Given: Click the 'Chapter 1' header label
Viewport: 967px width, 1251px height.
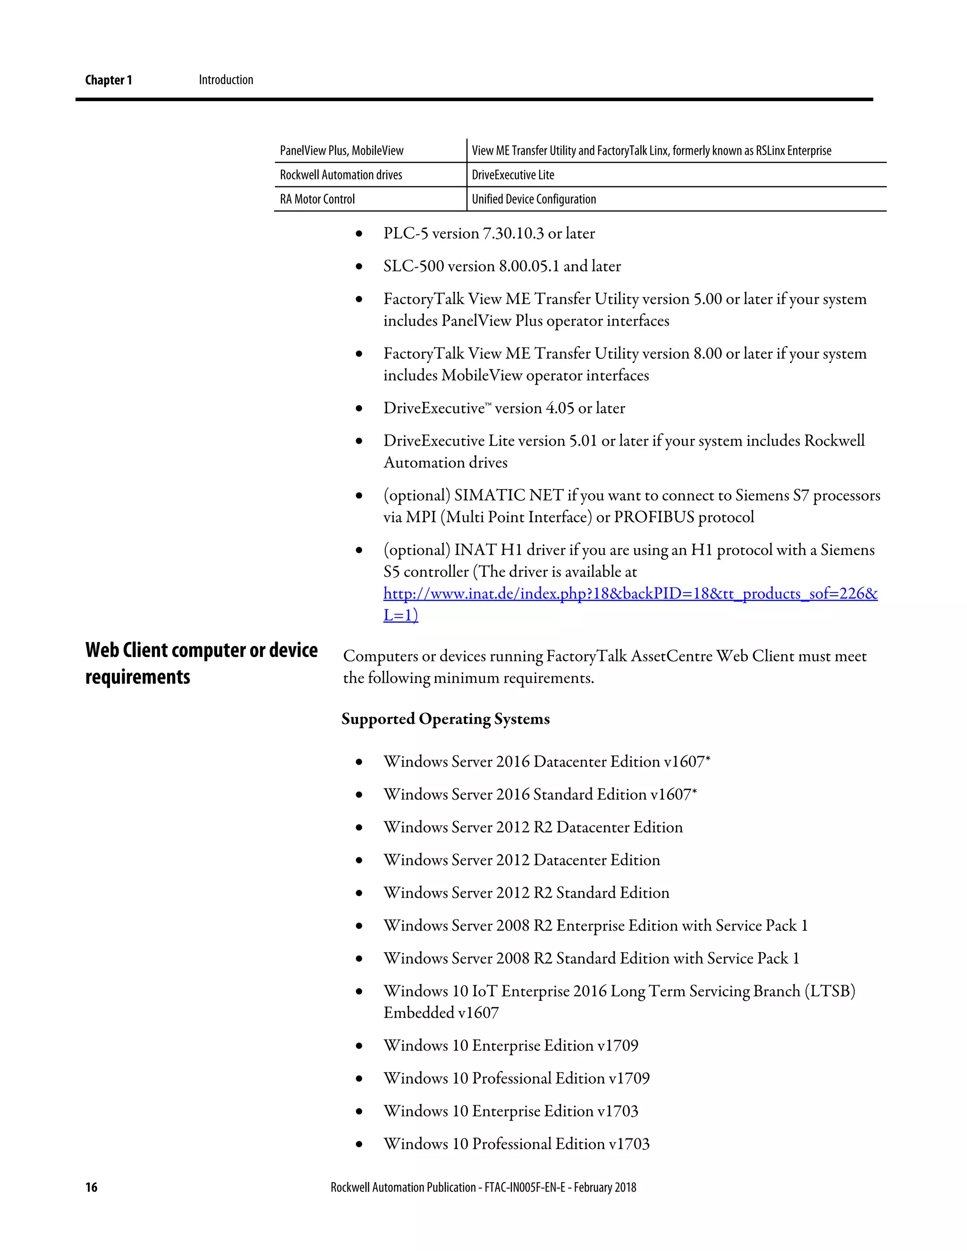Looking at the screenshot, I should (x=108, y=80).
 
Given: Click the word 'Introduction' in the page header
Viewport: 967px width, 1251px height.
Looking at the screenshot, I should (x=226, y=80).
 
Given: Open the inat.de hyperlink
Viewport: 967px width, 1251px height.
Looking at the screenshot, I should (x=630, y=593).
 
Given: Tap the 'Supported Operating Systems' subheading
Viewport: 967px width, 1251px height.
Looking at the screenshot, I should (x=445, y=719).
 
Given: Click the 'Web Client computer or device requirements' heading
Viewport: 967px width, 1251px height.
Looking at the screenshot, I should (x=201, y=663).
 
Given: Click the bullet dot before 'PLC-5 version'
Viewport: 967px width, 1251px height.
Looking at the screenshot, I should (x=359, y=234).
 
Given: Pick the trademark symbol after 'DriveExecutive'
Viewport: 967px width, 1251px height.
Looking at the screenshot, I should (x=488, y=405).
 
